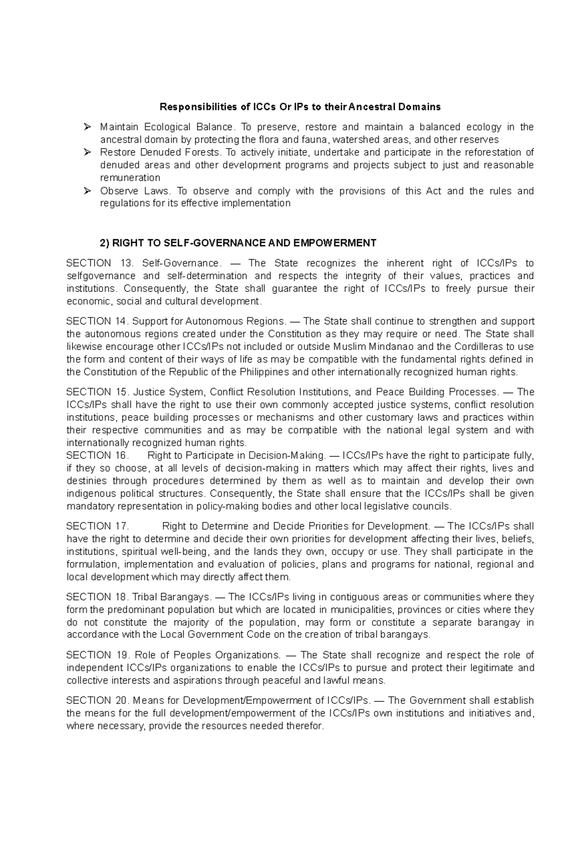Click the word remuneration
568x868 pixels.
pos(130,178)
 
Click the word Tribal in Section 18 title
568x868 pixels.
pos(145,597)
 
